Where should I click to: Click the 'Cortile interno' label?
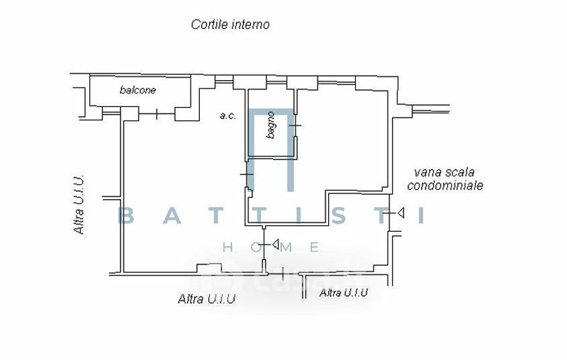pyautogui.click(x=230, y=25)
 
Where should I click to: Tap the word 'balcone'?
pyautogui.click(x=137, y=90)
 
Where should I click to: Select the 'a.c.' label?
pyautogui.click(x=228, y=115)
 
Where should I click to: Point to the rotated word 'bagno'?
pyautogui.click(x=271, y=125)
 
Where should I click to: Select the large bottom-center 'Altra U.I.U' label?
pyautogui.click(x=206, y=299)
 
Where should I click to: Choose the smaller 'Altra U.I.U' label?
pyautogui.click(x=344, y=292)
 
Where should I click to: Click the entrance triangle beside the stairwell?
pyautogui.click(x=400, y=213)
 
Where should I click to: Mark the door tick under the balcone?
pyautogui.click(x=156, y=114)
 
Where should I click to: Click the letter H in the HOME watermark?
pyautogui.click(x=228, y=247)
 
